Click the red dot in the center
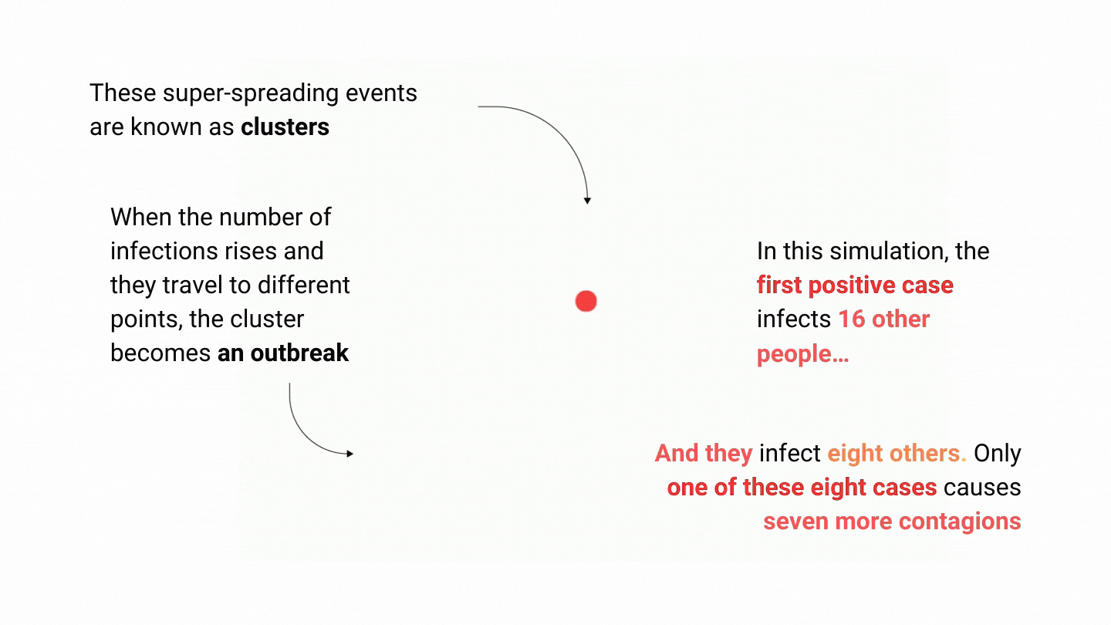click(x=586, y=301)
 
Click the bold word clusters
click(x=285, y=127)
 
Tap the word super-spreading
click(x=251, y=94)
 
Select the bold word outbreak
click(x=299, y=353)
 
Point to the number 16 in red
click(x=852, y=319)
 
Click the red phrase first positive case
click(x=855, y=285)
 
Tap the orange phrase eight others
click(x=897, y=454)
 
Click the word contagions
click(x=960, y=522)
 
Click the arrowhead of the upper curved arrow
click(x=587, y=201)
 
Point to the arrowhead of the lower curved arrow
click(x=350, y=454)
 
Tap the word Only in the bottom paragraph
click(x=998, y=454)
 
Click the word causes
click(x=982, y=488)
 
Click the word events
click(x=381, y=93)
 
